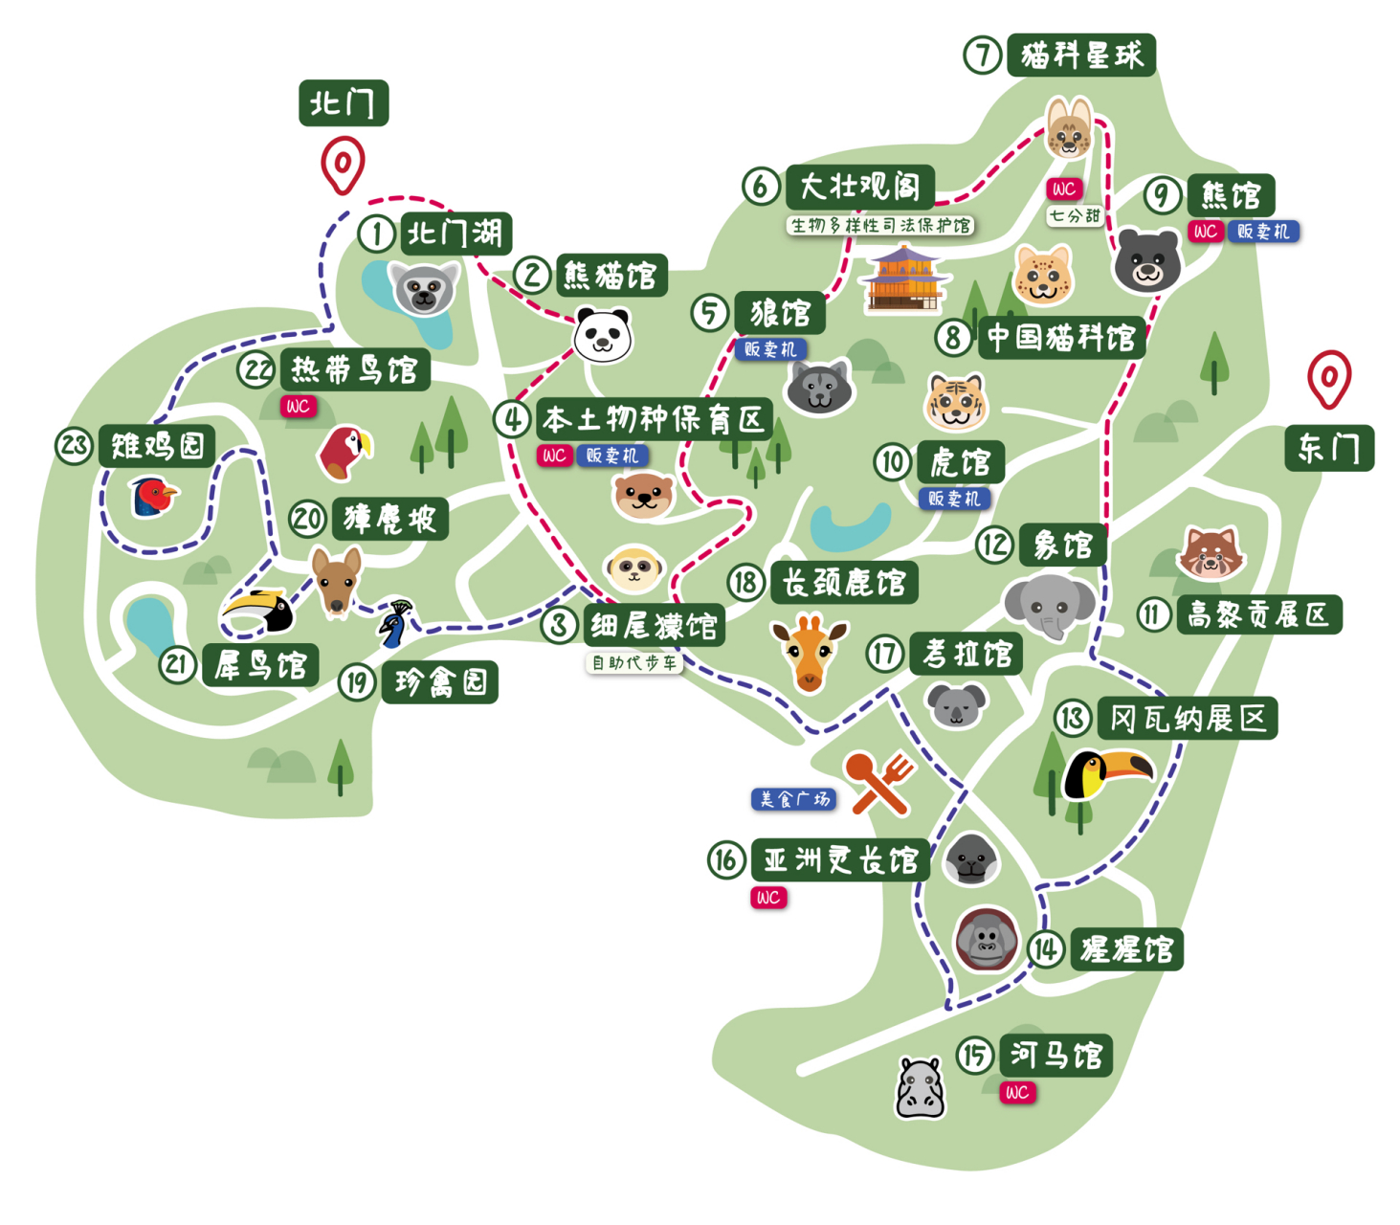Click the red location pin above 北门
pyautogui.click(x=343, y=165)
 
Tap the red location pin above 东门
pyautogui.click(x=1329, y=378)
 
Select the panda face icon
pyautogui.click(x=603, y=335)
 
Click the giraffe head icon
pyautogui.click(x=809, y=652)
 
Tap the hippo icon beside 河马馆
pyautogui.click(x=920, y=1088)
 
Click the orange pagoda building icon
pyautogui.click(x=903, y=279)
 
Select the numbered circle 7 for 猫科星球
pyautogui.click(x=982, y=55)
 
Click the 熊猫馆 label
pyautogui.click(x=611, y=276)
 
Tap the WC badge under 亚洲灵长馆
pyautogui.click(x=768, y=898)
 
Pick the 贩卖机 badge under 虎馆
pyautogui.click(x=954, y=499)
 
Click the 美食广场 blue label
pyautogui.click(x=793, y=799)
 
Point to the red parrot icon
pyautogui.click(x=344, y=452)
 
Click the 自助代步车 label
pyautogui.click(x=633, y=662)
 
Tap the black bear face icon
pyautogui.click(x=1146, y=260)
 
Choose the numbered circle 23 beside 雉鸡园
pyautogui.click(x=74, y=445)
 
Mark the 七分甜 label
pyautogui.click(x=1074, y=215)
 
